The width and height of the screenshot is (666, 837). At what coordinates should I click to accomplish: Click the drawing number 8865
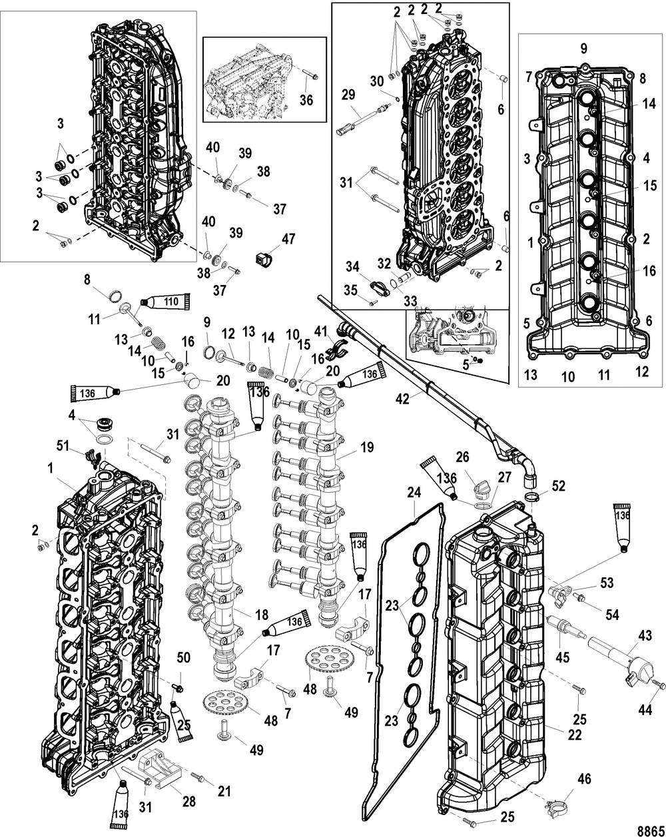[651, 830]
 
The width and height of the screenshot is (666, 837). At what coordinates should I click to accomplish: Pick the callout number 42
[403, 399]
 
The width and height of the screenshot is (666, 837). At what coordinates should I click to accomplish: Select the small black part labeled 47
[263, 259]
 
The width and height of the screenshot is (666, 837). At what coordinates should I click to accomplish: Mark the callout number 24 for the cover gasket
[414, 493]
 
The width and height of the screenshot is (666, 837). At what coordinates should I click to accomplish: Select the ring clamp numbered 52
[531, 496]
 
